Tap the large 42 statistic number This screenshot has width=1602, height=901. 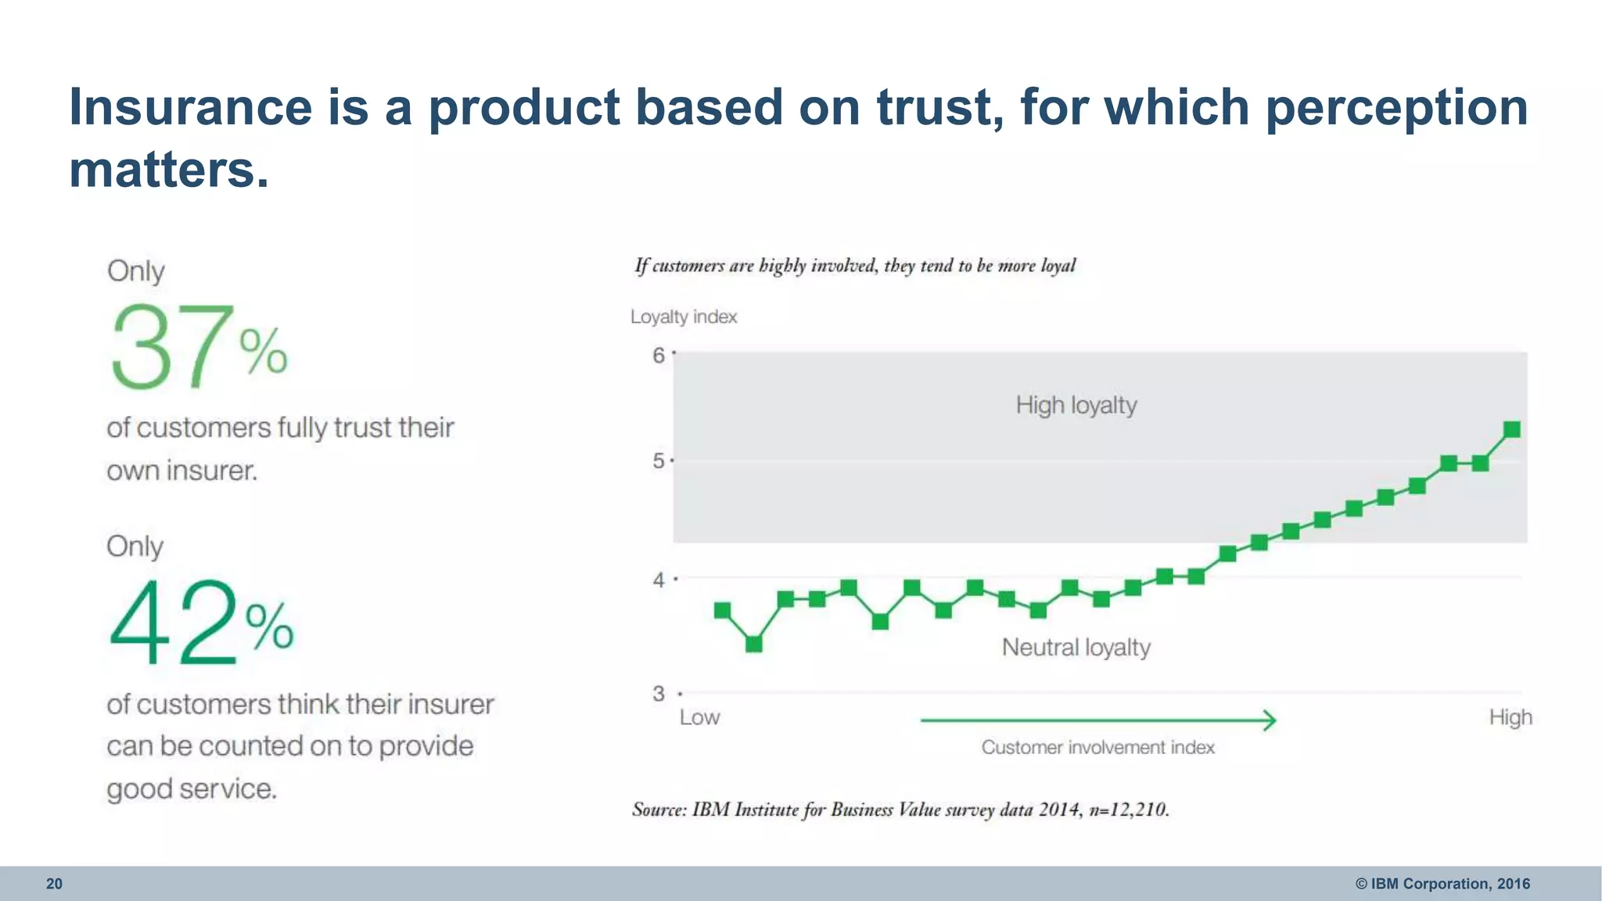click(x=174, y=623)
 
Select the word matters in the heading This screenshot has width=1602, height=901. click(x=168, y=170)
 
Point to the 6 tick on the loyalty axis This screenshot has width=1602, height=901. click(x=659, y=356)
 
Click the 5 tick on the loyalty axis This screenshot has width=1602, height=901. click(x=659, y=461)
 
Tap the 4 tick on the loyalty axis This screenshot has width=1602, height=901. click(x=659, y=580)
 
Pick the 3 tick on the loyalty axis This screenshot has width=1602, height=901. click(x=659, y=694)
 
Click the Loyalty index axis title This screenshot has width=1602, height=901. click(x=684, y=317)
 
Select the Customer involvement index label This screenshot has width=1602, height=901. click(x=1097, y=748)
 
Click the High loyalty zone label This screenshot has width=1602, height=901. click(x=1076, y=405)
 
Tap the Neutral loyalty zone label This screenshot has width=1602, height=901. click(x=1076, y=648)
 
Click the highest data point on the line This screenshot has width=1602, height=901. click(x=1512, y=429)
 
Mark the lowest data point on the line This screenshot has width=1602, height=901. click(x=754, y=644)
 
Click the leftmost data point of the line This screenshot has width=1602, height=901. click(x=722, y=610)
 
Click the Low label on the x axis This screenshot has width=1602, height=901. click(x=699, y=717)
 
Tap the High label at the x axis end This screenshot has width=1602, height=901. click(x=1510, y=717)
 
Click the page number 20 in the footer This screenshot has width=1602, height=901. click(x=54, y=884)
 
